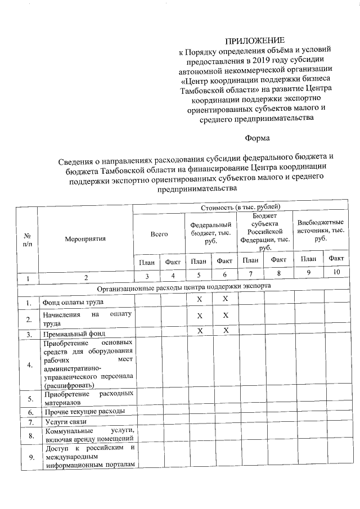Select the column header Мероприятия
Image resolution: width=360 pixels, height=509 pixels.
85,237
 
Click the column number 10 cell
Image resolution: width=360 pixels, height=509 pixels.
337,275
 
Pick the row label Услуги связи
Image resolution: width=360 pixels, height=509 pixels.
63,422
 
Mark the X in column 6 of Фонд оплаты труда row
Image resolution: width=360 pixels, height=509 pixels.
225,299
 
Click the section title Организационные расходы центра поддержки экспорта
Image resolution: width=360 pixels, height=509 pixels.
184,286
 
